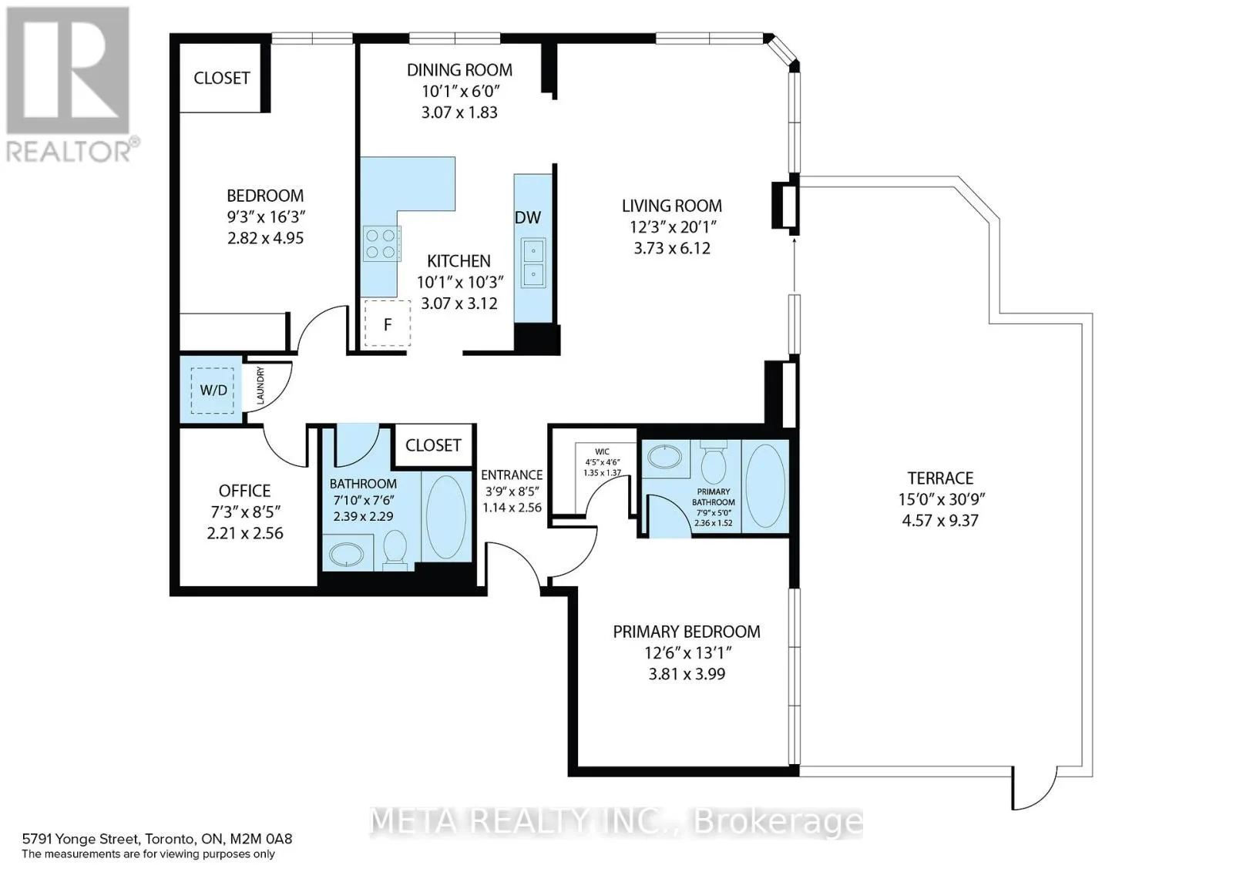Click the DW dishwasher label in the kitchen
pos(527,217)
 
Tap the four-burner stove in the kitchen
pos(381,243)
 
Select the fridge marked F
pos(388,323)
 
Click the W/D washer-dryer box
pos(212,390)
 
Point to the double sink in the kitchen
pos(533,263)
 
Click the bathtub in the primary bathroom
pos(764,486)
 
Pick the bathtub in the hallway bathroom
pos(446,517)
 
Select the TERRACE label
pos(940,478)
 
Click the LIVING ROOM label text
pos(671,206)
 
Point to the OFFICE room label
pos(244,491)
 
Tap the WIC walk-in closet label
pos(602,451)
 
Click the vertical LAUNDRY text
pos(260,385)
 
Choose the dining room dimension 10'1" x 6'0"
pos(460,91)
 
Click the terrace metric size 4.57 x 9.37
pos(940,520)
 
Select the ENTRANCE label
pos(512,475)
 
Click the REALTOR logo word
pos(69,151)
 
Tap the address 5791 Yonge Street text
pos(80,839)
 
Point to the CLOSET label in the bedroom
pos(222,78)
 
